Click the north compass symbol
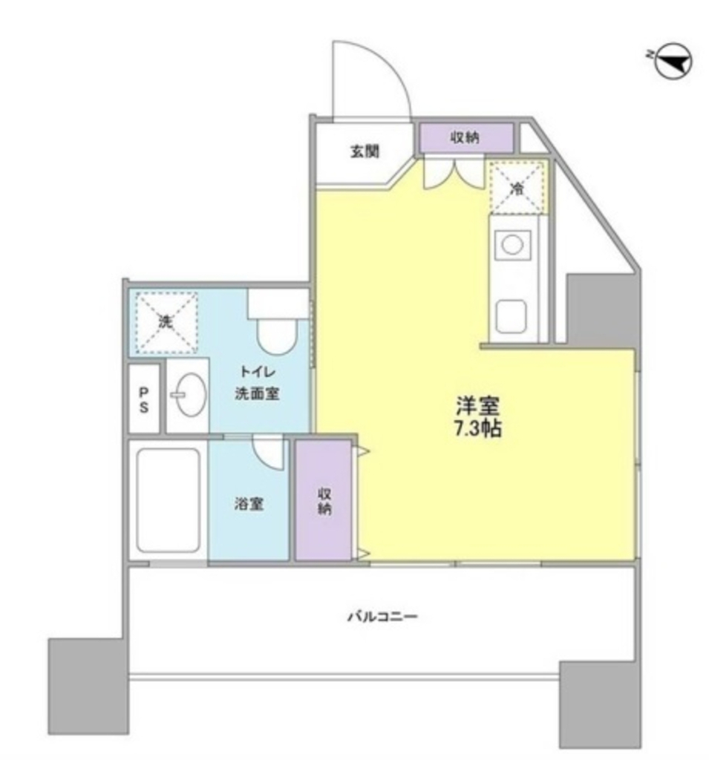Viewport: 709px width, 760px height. click(673, 62)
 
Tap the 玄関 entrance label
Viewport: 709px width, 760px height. click(365, 152)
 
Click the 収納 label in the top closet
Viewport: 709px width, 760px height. click(465, 137)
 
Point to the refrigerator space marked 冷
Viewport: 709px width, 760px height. click(517, 188)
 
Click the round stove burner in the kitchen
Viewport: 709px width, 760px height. click(512, 245)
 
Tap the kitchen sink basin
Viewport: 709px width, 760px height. click(512, 316)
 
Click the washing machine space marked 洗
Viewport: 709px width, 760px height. click(166, 322)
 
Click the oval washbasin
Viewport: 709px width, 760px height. click(190, 394)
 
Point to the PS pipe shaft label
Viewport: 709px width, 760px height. click(143, 400)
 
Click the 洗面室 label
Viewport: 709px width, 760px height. click(257, 393)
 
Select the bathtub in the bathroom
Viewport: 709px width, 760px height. click(169, 500)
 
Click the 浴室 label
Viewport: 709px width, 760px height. click(249, 504)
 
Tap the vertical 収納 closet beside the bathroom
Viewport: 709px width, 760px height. click(324, 499)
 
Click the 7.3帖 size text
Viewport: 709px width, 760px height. click(477, 428)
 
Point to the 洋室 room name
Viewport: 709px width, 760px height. click(477, 406)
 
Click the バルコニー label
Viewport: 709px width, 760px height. click(382, 617)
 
